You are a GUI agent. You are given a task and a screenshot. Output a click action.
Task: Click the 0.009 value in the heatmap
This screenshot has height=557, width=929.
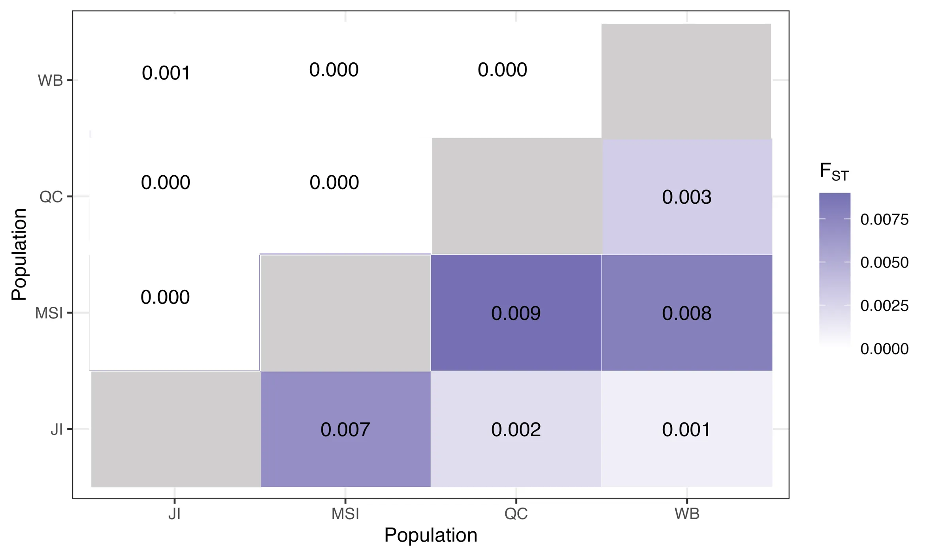(x=516, y=313)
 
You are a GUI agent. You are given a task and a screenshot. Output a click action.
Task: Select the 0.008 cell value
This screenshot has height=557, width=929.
(x=687, y=313)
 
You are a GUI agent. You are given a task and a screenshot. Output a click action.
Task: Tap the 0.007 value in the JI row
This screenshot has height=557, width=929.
(x=345, y=429)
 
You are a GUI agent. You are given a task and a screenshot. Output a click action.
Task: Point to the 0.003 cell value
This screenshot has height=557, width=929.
(x=687, y=197)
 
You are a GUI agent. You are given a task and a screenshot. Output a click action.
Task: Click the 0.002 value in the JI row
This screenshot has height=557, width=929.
(x=516, y=429)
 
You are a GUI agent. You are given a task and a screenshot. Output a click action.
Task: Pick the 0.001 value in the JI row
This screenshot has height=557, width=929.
(x=686, y=429)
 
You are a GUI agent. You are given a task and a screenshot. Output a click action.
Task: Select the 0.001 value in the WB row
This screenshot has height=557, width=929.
(x=166, y=73)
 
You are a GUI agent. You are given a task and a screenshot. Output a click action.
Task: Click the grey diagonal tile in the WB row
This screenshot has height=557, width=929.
(x=686, y=81)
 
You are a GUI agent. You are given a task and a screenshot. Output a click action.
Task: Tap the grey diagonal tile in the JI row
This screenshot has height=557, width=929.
(x=175, y=429)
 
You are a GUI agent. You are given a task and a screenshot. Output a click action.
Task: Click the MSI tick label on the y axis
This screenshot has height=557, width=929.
(x=49, y=313)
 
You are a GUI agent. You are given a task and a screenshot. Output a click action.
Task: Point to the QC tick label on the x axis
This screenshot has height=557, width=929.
(x=516, y=514)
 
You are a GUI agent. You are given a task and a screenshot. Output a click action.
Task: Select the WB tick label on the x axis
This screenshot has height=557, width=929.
(x=687, y=514)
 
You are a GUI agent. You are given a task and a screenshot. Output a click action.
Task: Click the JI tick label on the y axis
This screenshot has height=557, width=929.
(x=57, y=429)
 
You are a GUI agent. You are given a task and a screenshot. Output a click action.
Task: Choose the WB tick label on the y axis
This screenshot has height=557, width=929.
(x=50, y=81)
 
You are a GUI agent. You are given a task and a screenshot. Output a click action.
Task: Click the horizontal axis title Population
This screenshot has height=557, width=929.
(x=431, y=536)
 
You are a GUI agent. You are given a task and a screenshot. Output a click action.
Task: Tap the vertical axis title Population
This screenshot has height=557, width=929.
(x=19, y=255)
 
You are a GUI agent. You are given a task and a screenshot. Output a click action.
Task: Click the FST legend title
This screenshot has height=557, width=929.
(x=834, y=172)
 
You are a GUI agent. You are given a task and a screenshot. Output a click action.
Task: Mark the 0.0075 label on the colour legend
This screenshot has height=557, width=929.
(x=884, y=219)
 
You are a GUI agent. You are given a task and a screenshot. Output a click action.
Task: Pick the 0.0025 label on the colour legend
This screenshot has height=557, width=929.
(x=884, y=306)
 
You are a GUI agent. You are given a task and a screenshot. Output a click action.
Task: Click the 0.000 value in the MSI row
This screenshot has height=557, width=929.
(x=165, y=297)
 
